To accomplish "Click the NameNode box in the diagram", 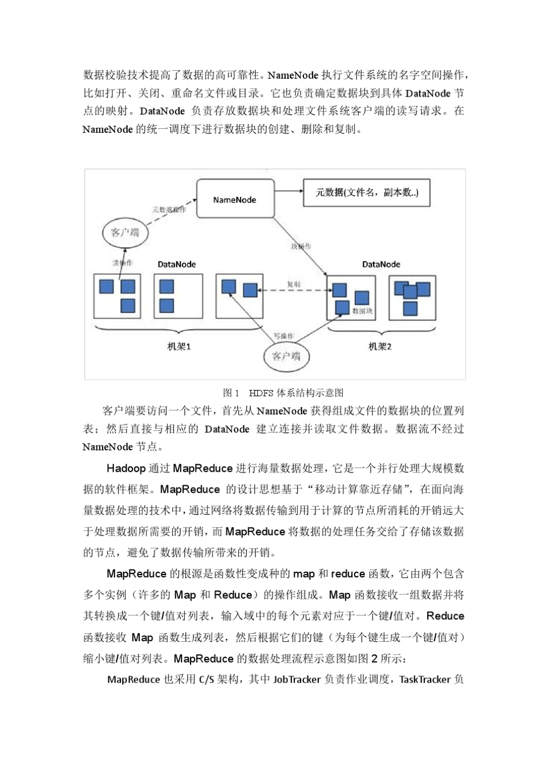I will click(235, 199).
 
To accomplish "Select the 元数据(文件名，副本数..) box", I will click(366, 193).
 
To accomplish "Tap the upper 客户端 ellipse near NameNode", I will click(125, 232).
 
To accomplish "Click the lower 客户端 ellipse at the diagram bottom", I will click(286, 356).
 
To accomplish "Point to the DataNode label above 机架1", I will click(177, 265).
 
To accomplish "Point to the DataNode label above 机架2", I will click(381, 265).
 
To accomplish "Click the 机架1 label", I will click(178, 347).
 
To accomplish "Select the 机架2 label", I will click(379, 347).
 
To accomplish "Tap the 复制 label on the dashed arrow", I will click(293, 284).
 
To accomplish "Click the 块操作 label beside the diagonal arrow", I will click(301, 246).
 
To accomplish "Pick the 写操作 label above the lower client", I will click(283, 336).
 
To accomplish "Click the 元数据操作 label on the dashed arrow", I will click(169, 210).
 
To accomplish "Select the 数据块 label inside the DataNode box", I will click(363, 311).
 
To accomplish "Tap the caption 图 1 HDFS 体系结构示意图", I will click(283, 393).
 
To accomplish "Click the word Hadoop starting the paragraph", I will click(126, 468).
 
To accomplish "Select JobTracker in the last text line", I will click(297, 679).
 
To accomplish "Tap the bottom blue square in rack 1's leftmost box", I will click(127, 305).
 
